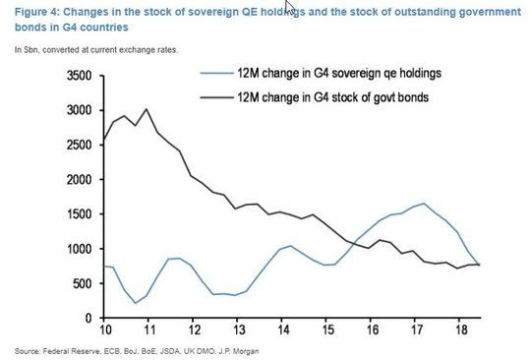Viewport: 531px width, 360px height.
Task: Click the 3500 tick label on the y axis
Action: (x=80, y=76)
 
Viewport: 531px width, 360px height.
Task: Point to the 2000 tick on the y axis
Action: (x=80, y=180)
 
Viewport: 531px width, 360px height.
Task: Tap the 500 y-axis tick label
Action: (x=83, y=284)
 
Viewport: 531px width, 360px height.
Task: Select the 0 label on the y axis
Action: (x=88, y=319)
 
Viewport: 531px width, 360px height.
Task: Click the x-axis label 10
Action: (x=105, y=330)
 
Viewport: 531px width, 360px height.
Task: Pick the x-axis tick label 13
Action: (x=239, y=330)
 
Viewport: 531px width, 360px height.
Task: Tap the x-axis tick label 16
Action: (x=373, y=330)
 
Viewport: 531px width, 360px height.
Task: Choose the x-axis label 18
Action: (x=461, y=330)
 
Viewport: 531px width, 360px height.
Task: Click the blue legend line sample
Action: (x=216, y=73)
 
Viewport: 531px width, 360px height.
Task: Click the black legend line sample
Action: (x=216, y=97)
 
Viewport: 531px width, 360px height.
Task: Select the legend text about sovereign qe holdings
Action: (x=339, y=73)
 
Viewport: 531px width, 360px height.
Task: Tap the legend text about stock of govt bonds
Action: (x=333, y=97)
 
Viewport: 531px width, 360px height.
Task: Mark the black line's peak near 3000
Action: (x=147, y=109)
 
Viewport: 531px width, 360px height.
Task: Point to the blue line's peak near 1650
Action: (x=424, y=204)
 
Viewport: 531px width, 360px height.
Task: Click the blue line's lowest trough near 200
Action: (x=136, y=303)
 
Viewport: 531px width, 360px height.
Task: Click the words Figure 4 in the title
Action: (x=37, y=12)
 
